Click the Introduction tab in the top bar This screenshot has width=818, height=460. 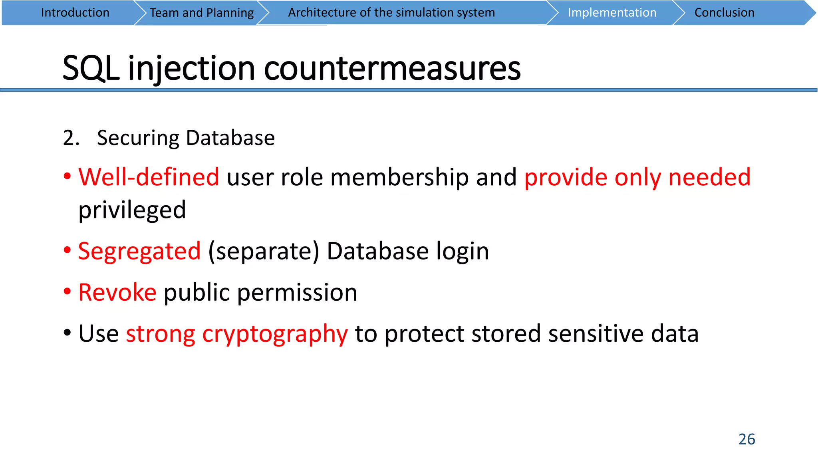point(75,13)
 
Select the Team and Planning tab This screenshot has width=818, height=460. point(202,13)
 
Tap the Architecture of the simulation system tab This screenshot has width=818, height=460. point(391,13)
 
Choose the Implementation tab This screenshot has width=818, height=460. point(612,13)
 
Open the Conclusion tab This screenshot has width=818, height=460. point(724,13)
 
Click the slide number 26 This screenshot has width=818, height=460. point(747,439)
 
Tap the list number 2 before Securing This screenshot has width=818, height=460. point(71,138)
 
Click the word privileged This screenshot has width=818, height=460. point(132,210)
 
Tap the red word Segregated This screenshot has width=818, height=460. point(139,251)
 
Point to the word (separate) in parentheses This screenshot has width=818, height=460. point(264,251)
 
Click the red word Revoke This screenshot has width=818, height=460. point(117,292)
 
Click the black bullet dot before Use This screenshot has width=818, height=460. point(67,333)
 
